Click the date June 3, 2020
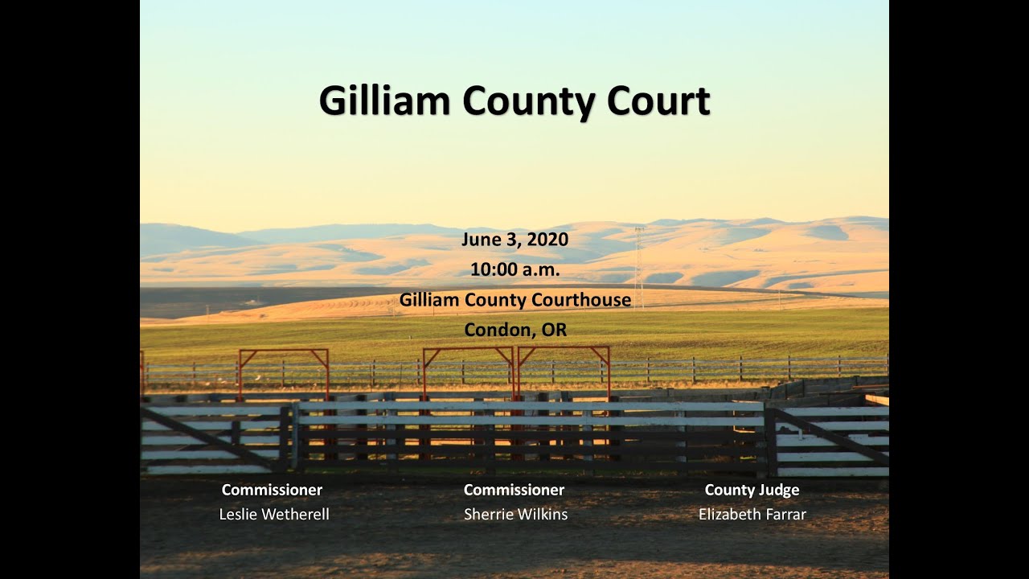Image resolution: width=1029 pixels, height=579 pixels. [x=514, y=240]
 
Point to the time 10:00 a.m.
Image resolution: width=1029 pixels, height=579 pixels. [x=514, y=270]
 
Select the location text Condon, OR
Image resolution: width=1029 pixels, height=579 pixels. [x=514, y=331]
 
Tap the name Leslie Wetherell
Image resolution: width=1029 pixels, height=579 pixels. [x=273, y=515]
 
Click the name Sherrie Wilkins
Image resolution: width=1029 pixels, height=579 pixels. [x=515, y=515]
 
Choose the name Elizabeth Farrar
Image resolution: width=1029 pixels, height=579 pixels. [x=752, y=515]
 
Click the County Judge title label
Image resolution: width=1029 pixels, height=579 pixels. [x=752, y=490]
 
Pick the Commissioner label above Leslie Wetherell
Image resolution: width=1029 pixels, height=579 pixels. [x=272, y=490]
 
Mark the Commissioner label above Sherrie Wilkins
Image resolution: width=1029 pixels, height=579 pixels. [x=514, y=490]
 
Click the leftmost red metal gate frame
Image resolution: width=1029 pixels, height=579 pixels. [x=284, y=351]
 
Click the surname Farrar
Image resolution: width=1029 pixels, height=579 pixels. [x=784, y=515]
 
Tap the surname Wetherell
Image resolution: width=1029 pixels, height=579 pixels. [x=294, y=515]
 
